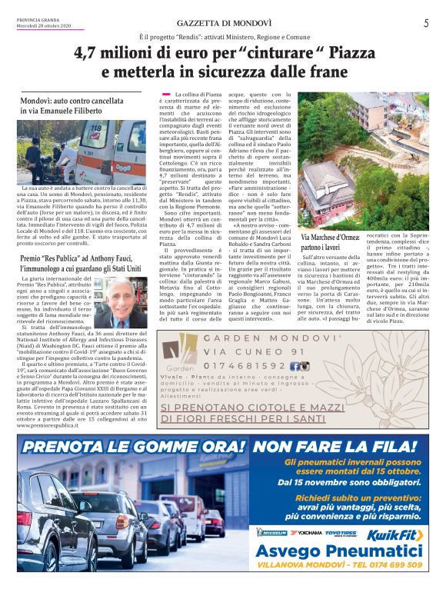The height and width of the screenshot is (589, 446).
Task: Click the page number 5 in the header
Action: (425, 23)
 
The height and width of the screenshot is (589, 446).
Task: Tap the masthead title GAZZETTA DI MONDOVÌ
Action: (222, 24)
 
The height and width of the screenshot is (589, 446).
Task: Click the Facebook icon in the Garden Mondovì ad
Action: (295, 366)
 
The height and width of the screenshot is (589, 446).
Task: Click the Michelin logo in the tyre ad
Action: (272, 532)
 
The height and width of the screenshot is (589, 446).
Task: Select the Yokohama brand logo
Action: (305, 532)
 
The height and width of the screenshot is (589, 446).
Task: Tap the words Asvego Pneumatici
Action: (339, 550)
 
